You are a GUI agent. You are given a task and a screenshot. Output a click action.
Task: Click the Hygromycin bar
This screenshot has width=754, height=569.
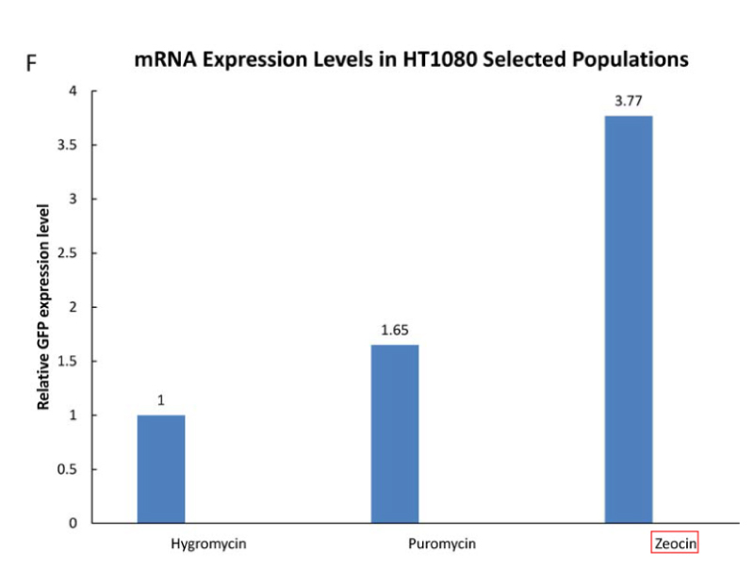click(x=161, y=468)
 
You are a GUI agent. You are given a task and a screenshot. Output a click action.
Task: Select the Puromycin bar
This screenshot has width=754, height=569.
click(x=395, y=433)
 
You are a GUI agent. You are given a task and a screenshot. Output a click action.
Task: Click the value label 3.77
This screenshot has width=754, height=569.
click(x=629, y=100)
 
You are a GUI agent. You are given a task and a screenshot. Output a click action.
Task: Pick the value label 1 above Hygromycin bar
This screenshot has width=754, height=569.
click(x=161, y=400)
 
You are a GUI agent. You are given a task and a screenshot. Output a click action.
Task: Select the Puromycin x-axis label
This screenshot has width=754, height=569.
click(x=442, y=545)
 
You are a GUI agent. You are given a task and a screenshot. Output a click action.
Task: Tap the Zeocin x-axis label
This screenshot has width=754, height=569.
click(x=675, y=545)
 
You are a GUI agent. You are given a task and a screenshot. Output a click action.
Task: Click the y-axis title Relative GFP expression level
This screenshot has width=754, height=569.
click(x=43, y=306)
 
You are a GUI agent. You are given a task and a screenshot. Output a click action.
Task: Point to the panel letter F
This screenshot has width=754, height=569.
click(x=31, y=65)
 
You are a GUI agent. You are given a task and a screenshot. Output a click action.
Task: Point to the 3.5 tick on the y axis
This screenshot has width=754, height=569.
click(x=67, y=145)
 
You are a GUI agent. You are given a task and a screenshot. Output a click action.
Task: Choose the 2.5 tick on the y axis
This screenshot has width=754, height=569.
click(x=67, y=253)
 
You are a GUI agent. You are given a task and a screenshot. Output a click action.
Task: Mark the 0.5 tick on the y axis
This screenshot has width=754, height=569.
click(x=67, y=469)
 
